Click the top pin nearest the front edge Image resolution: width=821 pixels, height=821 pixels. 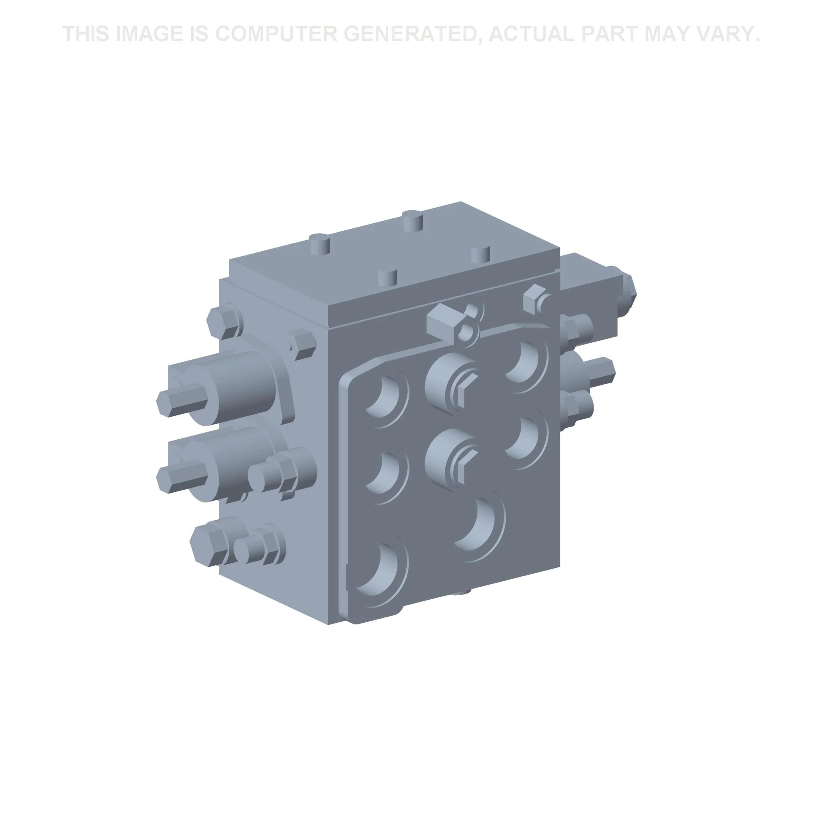387,277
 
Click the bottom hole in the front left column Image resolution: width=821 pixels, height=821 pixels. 383,569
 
